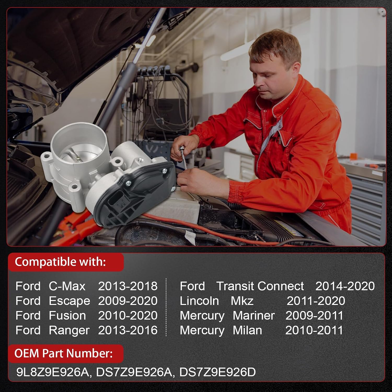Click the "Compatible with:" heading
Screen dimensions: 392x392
click(60, 262)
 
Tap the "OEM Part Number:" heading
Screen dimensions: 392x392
click(64, 353)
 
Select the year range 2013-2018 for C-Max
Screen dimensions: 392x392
click(128, 286)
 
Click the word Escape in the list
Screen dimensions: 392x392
click(69, 301)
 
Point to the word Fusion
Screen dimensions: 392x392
click(67, 315)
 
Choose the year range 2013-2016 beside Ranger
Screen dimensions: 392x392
click(128, 330)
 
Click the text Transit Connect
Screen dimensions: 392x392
click(260, 286)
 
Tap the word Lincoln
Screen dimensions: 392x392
click(199, 301)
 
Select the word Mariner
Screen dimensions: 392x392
click(253, 315)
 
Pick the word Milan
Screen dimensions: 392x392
click(247, 330)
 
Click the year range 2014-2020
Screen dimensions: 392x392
click(345, 286)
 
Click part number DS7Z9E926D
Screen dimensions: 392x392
click(217, 372)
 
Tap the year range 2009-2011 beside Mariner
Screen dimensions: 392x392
click(314, 315)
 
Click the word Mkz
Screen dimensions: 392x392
click(242, 301)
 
